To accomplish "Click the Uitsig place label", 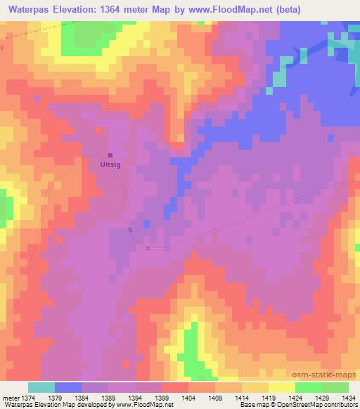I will [110, 165].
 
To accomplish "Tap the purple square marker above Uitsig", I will [110, 156].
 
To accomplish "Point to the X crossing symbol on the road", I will [148, 248].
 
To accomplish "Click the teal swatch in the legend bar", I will [41, 387].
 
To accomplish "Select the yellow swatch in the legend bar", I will [282, 387].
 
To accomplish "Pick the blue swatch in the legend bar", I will [68, 387].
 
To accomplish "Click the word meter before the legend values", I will [11, 397].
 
